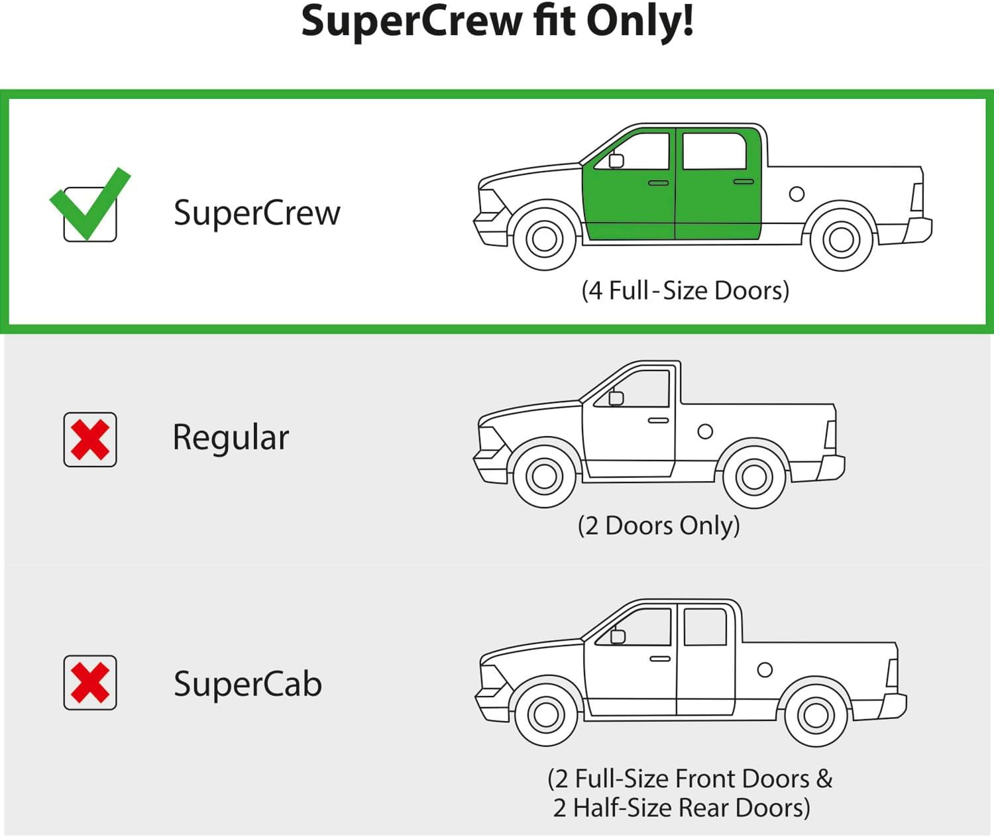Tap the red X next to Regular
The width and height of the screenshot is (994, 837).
[x=90, y=439]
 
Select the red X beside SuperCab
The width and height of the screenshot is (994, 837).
[x=90, y=683]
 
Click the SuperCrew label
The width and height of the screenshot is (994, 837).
[x=256, y=213]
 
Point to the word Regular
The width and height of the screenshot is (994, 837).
[x=231, y=438]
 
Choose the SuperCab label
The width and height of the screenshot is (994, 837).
[x=248, y=684]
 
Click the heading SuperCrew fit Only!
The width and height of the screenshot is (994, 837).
[x=497, y=21]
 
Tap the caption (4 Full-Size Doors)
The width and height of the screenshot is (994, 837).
[x=685, y=290]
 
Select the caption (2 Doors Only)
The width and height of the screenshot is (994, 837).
[x=659, y=526]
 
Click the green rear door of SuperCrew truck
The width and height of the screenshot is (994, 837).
[x=718, y=199]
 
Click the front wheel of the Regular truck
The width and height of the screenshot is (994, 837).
[x=545, y=476]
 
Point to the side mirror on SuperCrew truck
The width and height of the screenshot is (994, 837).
[x=616, y=160]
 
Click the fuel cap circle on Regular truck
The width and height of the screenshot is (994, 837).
[x=705, y=431]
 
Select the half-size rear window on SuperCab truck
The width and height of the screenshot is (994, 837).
[x=705, y=626]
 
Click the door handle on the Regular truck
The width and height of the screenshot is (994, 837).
[x=658, y=420]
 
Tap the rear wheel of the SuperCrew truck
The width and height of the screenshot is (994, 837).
[x=842, y=239]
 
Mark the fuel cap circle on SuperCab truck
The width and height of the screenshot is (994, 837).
[x=765, y=669]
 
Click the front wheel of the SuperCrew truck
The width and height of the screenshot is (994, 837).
[x=545, y=239]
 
